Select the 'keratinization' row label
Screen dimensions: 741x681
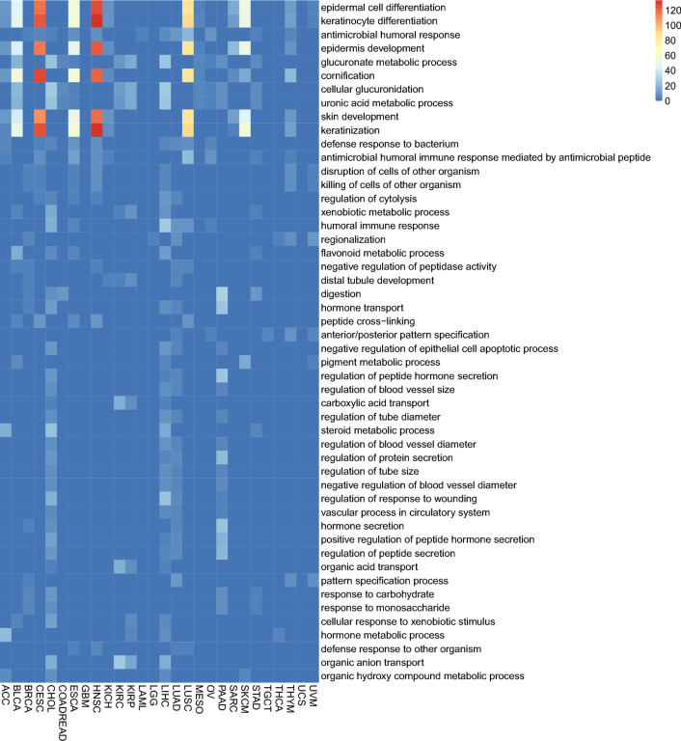coord(356,129)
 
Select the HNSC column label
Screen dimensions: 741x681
coord(96,700)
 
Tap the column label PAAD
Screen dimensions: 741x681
coord(222,700)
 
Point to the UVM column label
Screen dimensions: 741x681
coord(313,698)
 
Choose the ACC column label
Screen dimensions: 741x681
coord(6,697)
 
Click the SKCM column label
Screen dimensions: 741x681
coord(245,700)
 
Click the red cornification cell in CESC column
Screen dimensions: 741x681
coord(40,75)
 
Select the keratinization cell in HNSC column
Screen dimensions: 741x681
coord(96,129)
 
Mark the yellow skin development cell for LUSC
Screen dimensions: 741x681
coord(187,116)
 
